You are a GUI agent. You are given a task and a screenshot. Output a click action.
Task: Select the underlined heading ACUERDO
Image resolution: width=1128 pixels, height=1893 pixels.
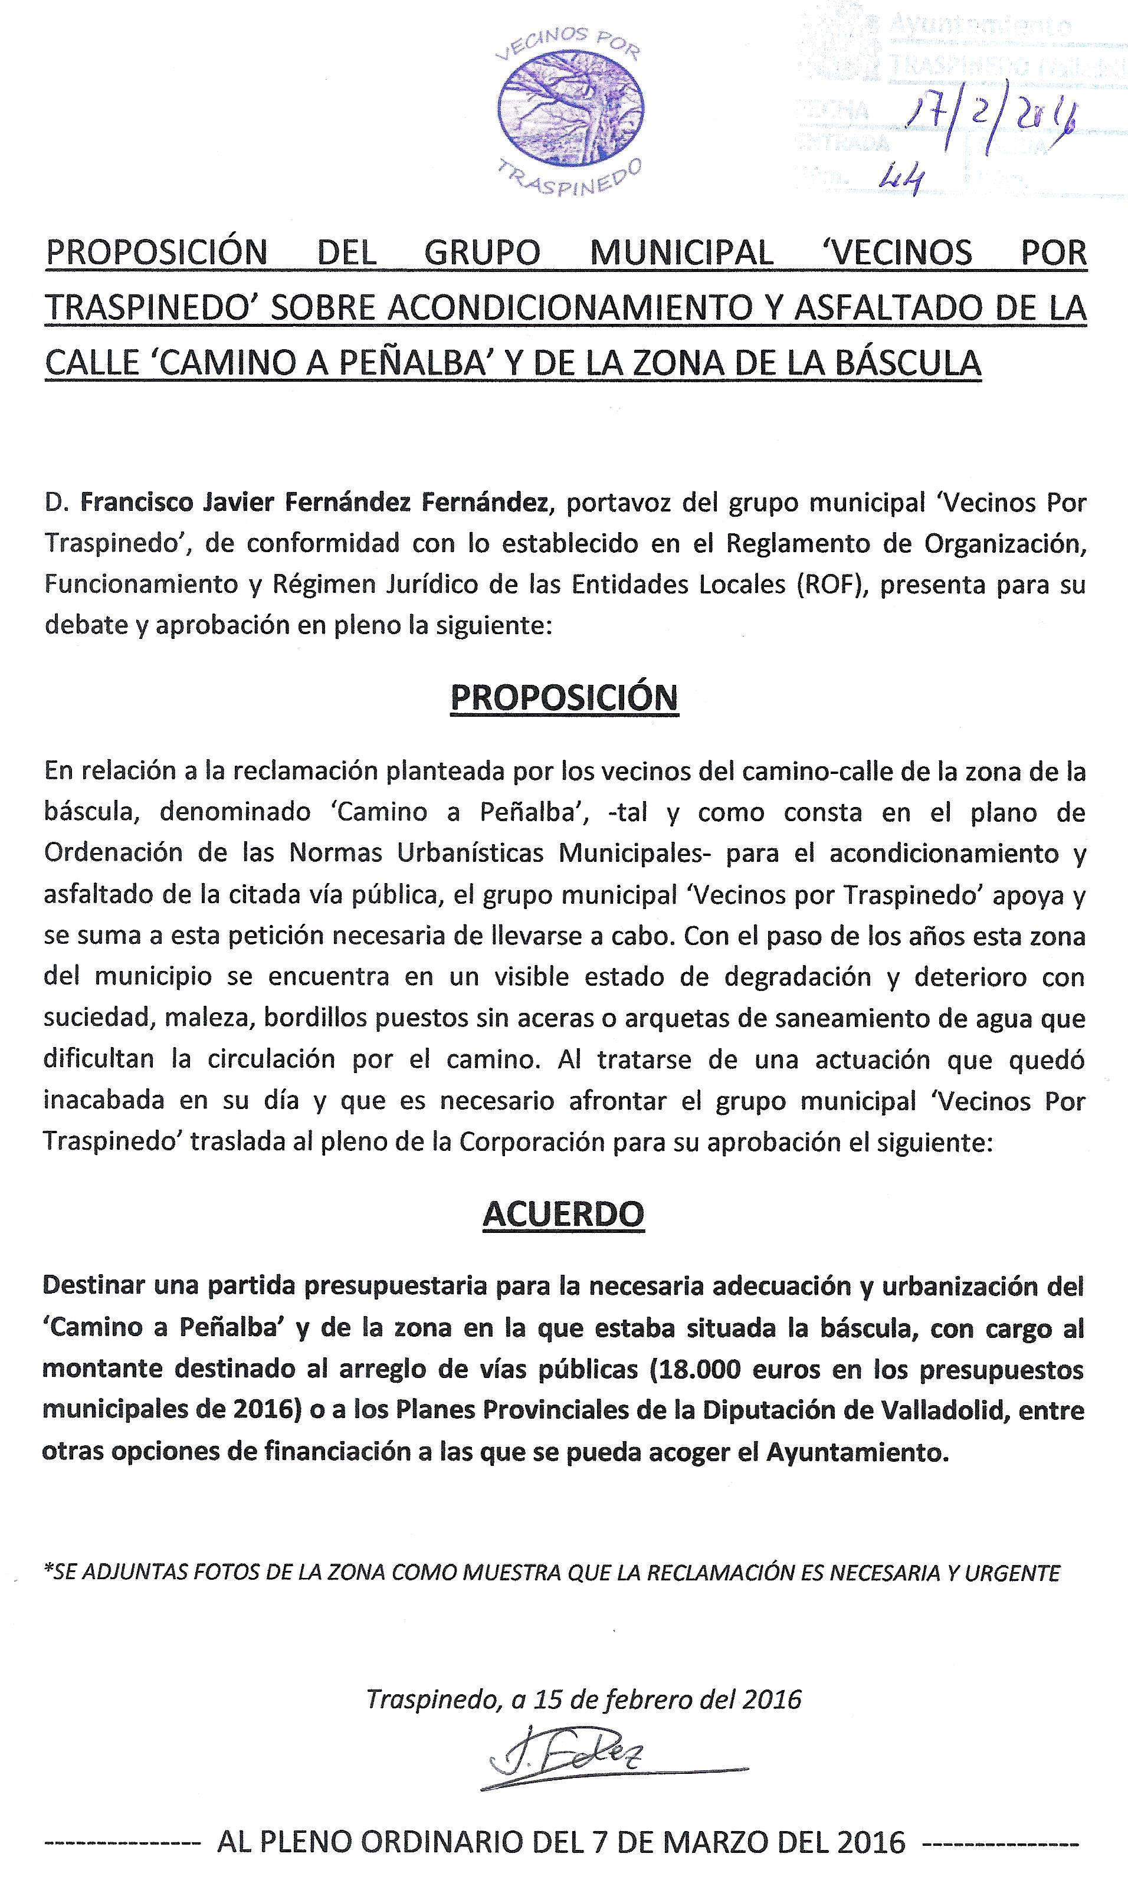563,1213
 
